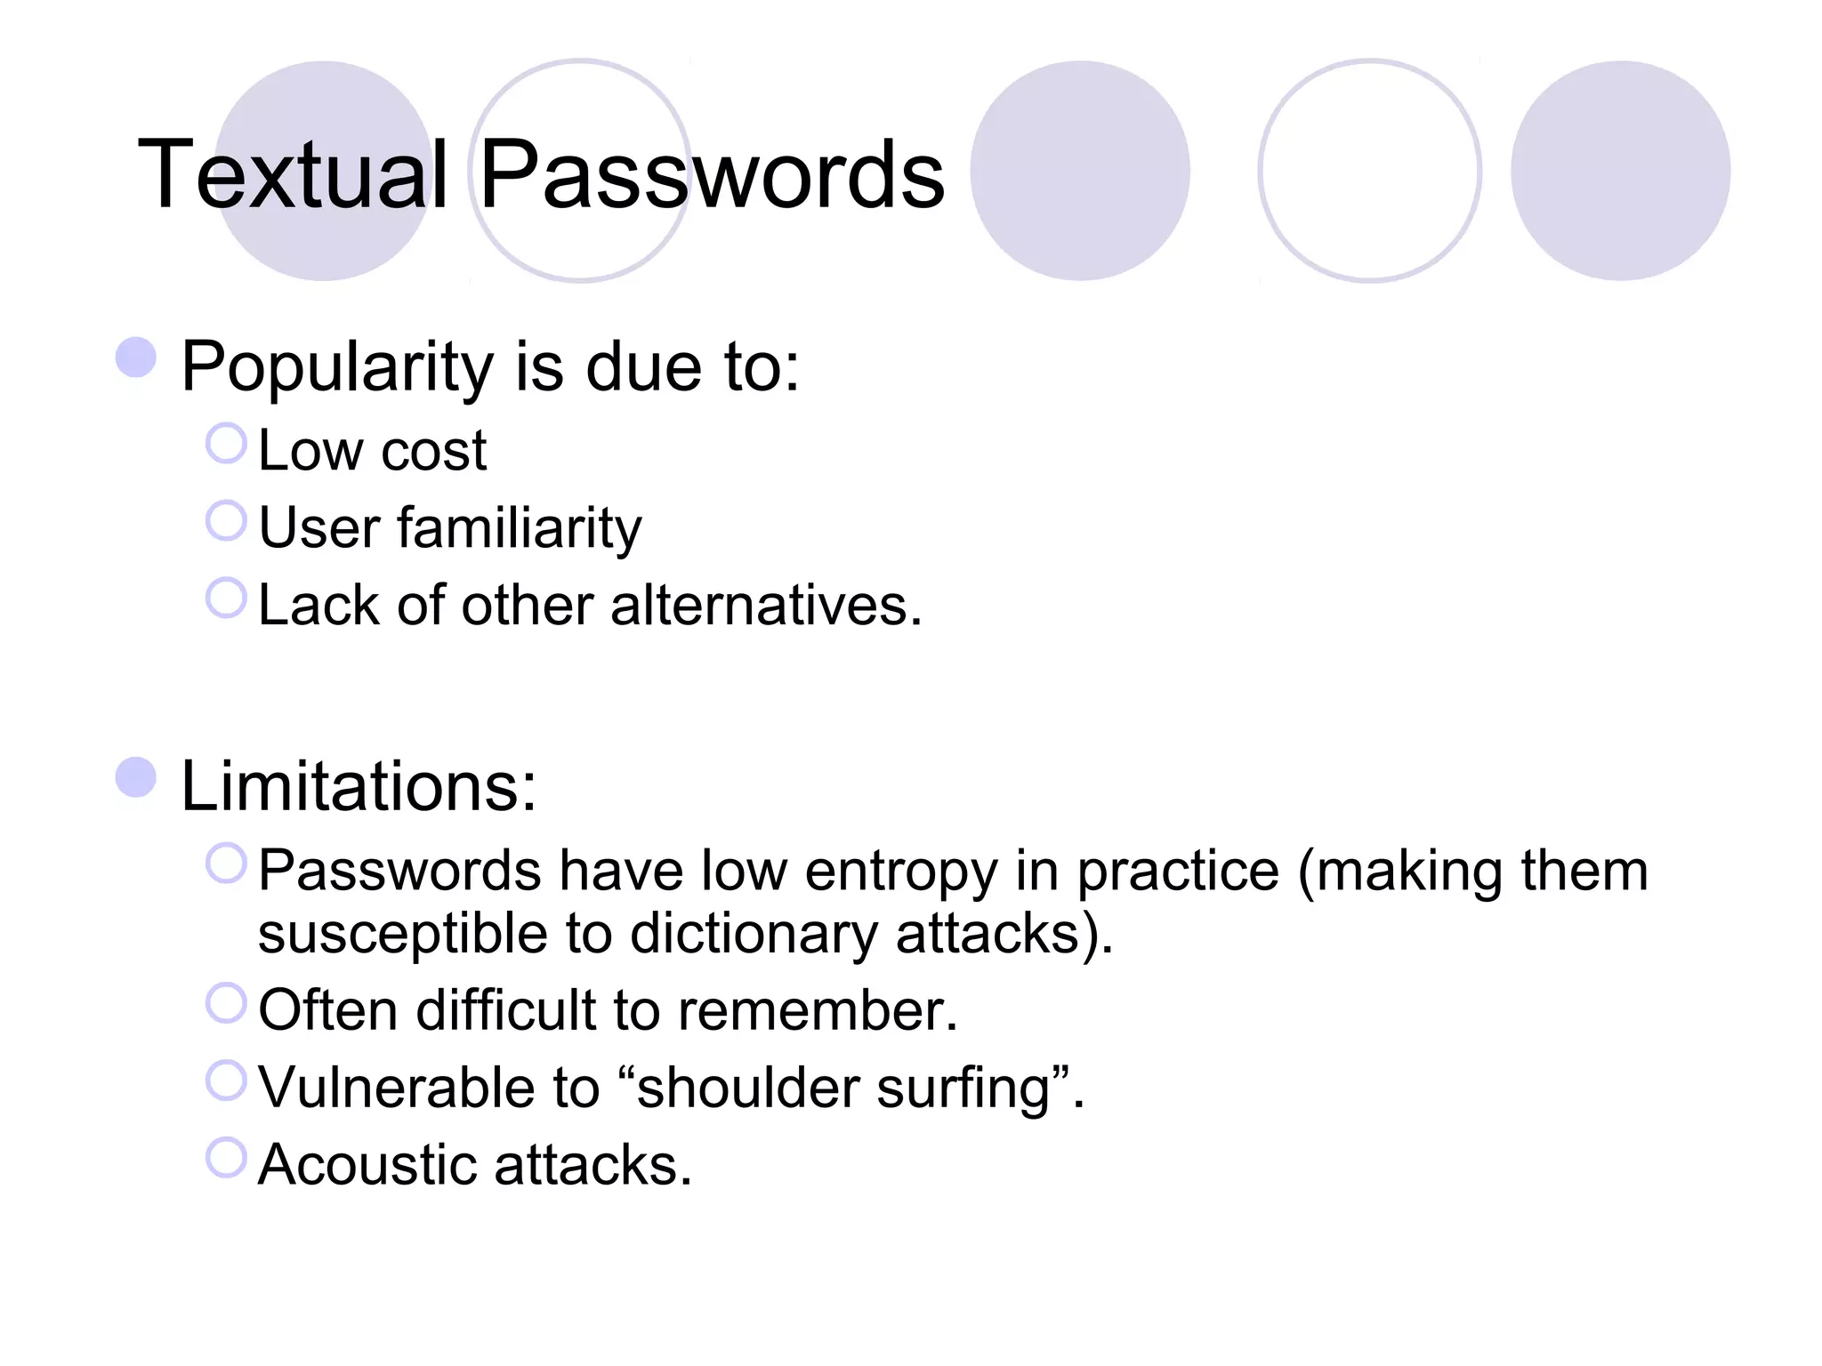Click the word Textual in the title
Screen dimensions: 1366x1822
pos(293,175)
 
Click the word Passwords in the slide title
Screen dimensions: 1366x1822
pos(711,175)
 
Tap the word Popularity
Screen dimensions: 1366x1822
pos(337,366)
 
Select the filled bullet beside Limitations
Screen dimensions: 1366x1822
pos(136,777)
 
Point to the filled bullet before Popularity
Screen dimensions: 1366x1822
pos(136,357)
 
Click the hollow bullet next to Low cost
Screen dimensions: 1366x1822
pos(226,443)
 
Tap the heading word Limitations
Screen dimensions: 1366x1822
pos(359,786)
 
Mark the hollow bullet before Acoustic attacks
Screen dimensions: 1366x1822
pos(226,1158)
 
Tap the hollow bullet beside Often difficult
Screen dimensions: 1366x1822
pos(226,1003)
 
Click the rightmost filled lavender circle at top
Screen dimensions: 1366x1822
pos(1620,171)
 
